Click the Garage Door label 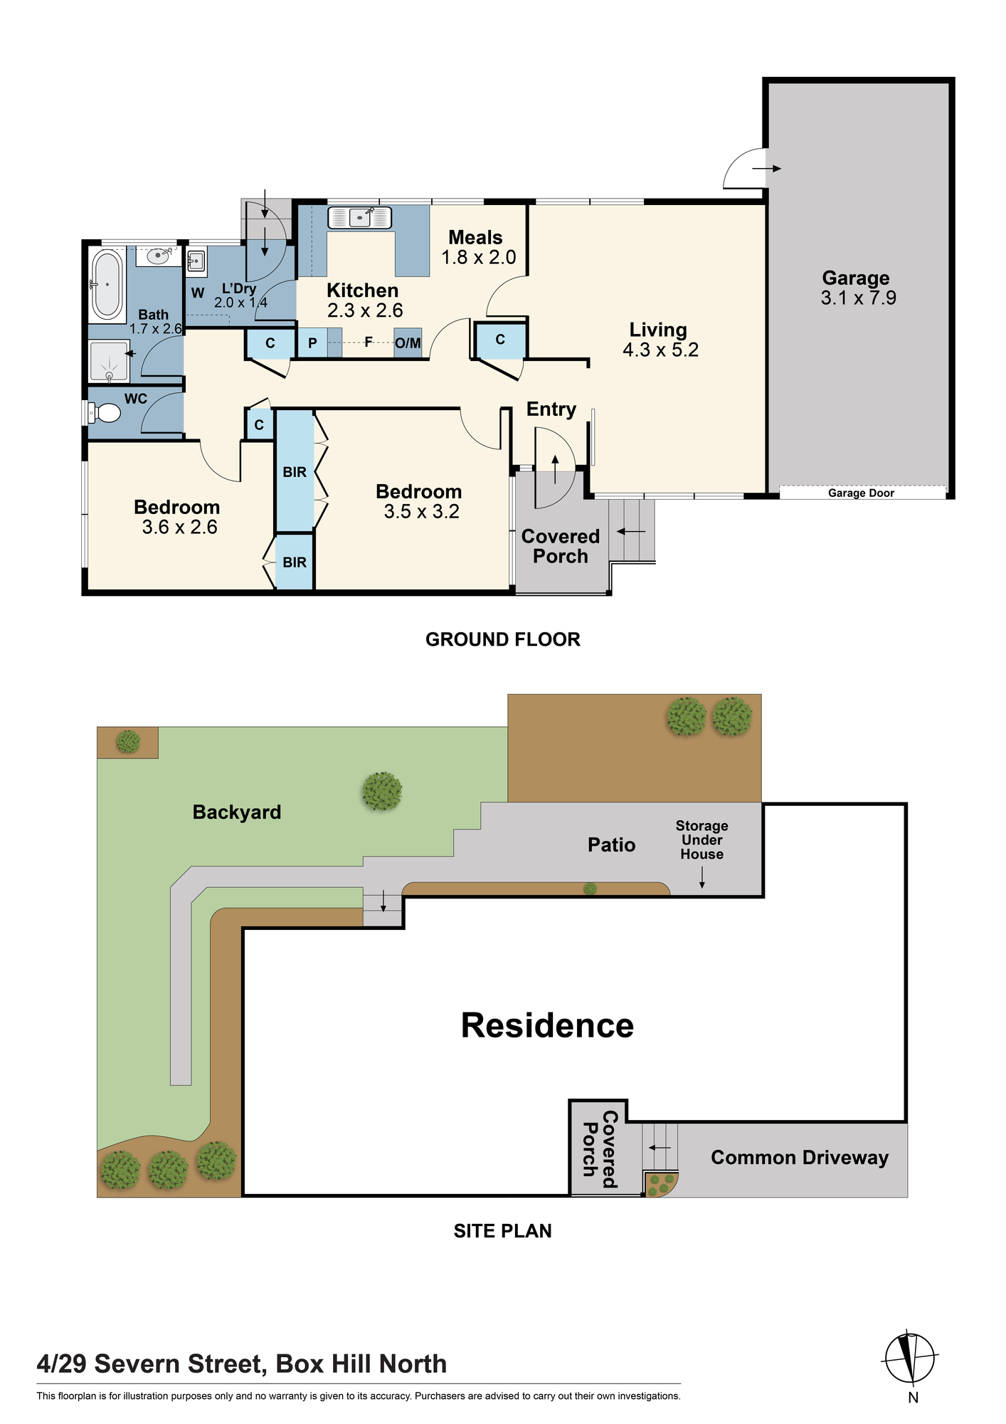861,493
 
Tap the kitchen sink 360,218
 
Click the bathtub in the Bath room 107,283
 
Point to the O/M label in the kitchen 408,343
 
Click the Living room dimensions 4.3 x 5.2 660,350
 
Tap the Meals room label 475,237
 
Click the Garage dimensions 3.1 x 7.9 858,298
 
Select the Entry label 551,409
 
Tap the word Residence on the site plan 547,1026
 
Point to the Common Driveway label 800,1158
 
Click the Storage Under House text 701,840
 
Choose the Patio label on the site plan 611,845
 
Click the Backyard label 237,812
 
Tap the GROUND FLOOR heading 503,639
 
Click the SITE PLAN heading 503,1231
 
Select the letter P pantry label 312,343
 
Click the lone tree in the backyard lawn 382,791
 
